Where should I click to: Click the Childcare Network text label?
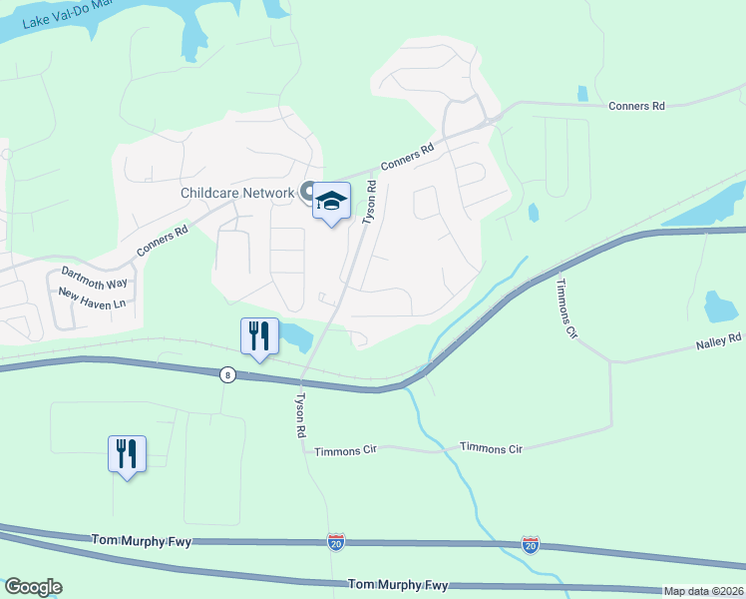[x=237, y=193]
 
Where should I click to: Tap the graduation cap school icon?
[x=331, y=203]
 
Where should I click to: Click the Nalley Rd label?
[x=719, y=340]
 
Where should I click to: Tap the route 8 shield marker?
[x=228, y=373]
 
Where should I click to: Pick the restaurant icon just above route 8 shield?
[x=259, y=336]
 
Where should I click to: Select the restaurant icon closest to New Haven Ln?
[x=127, y=454]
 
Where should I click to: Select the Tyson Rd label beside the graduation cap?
[x=369, y=203]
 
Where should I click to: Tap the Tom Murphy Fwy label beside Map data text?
[x=398, y=584]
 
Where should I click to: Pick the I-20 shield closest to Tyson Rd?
[x=336, y=542]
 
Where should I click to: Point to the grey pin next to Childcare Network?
[x=308, y=192]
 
